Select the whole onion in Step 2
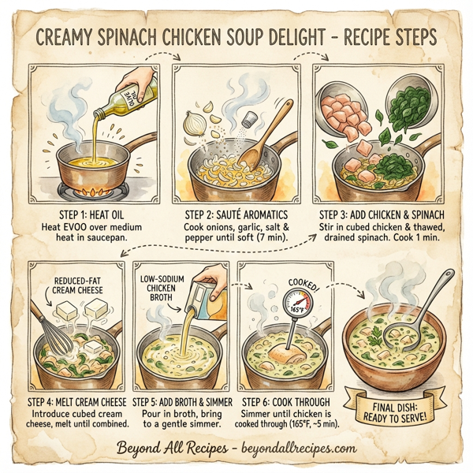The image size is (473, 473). tap(194, 123)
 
